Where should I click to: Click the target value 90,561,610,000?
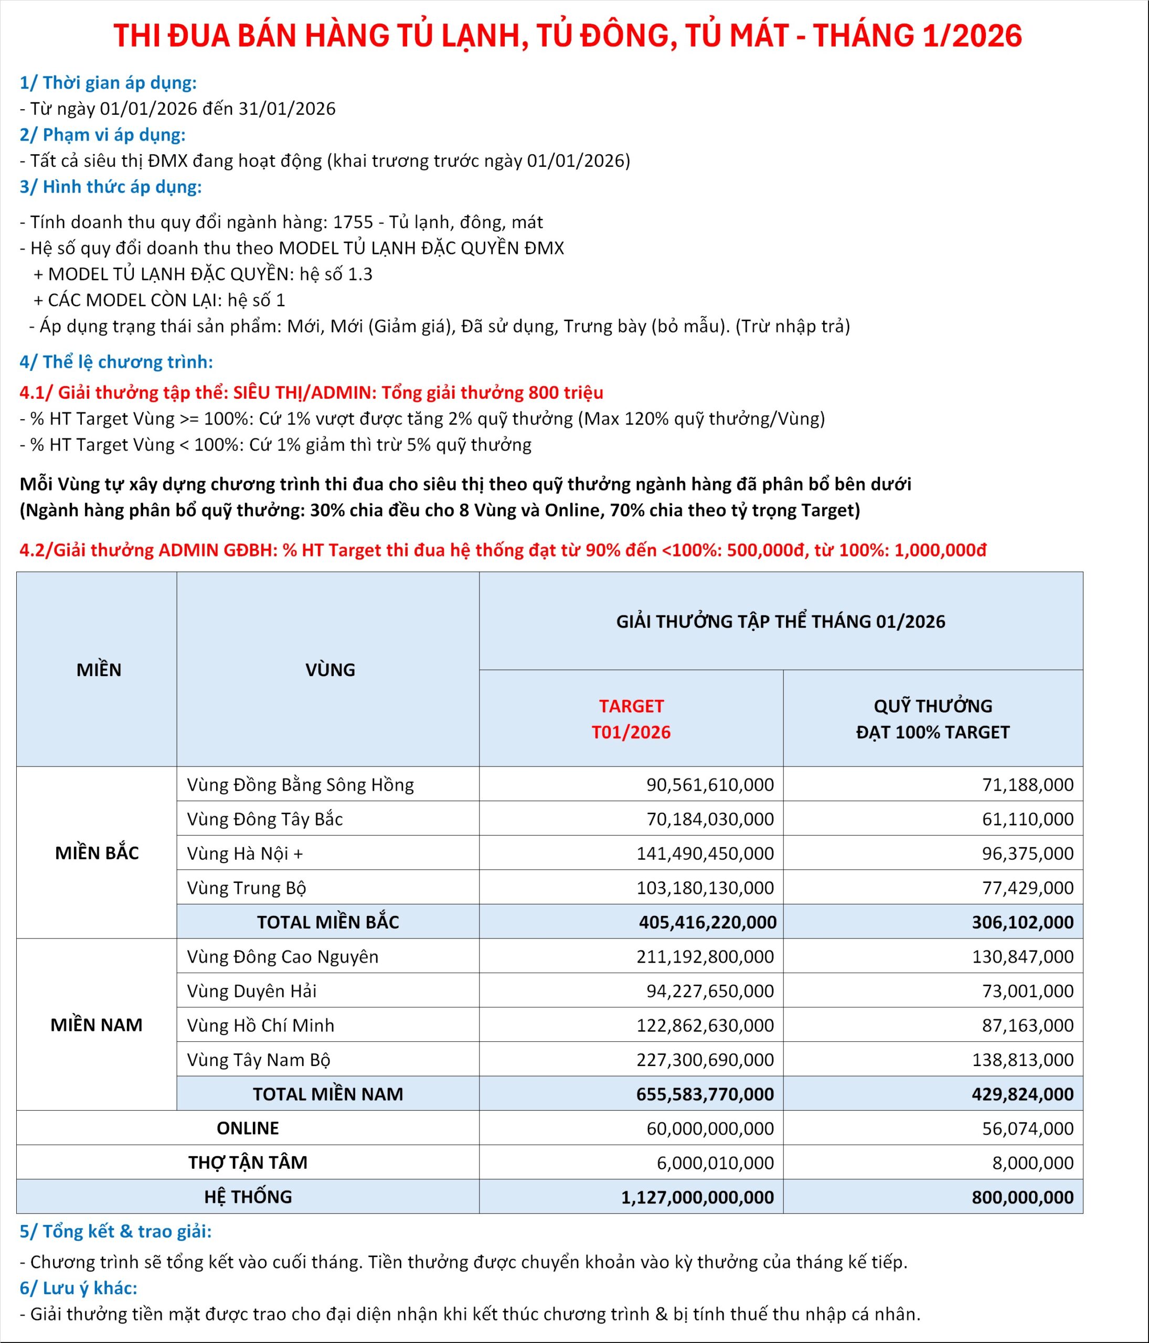tap(710, 785)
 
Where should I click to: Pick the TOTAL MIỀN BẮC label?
tap(328, 922)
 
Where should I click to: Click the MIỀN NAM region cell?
tap(97, 1025)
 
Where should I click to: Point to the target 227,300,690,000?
tap(705, 1060)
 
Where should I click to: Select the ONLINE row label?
tap(248, 1128)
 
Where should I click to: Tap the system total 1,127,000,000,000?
tap(697, 1197)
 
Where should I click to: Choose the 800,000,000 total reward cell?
tap(1022, 1197)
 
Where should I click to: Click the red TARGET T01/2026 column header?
tap(631, 719)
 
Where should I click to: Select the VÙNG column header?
tap(330, 669)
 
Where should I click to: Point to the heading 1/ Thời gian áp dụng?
tap(108, 83)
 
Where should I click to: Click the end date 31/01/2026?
tap(287, 109)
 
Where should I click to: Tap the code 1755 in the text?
tap(353, 222)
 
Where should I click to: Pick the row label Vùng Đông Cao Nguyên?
tap(283, 957)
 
